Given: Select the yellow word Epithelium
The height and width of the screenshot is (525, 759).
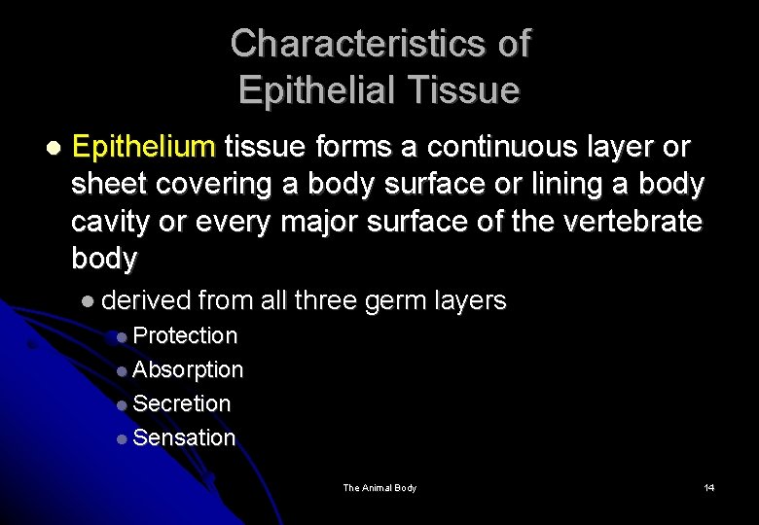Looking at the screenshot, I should tap(143, 148).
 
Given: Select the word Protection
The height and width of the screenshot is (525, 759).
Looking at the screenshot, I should tap(185, 335).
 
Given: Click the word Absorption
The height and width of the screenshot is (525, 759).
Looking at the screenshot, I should tap(188, 369).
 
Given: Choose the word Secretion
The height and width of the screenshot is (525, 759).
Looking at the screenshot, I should tap(181, 403).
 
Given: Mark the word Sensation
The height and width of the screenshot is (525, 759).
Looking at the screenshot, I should tap(184, 437).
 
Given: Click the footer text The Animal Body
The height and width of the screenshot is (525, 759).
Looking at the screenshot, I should tap(379, 487).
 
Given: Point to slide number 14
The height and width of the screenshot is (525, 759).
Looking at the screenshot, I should tap(709, 487).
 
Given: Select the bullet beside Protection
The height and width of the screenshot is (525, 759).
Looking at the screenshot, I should tap(121, 336).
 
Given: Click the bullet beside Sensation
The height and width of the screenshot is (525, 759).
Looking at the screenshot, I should tap(121, 438).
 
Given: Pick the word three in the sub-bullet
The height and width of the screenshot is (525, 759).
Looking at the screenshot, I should tap(326, 300).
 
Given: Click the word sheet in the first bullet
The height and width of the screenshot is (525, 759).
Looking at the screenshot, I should tap(109, 185).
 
